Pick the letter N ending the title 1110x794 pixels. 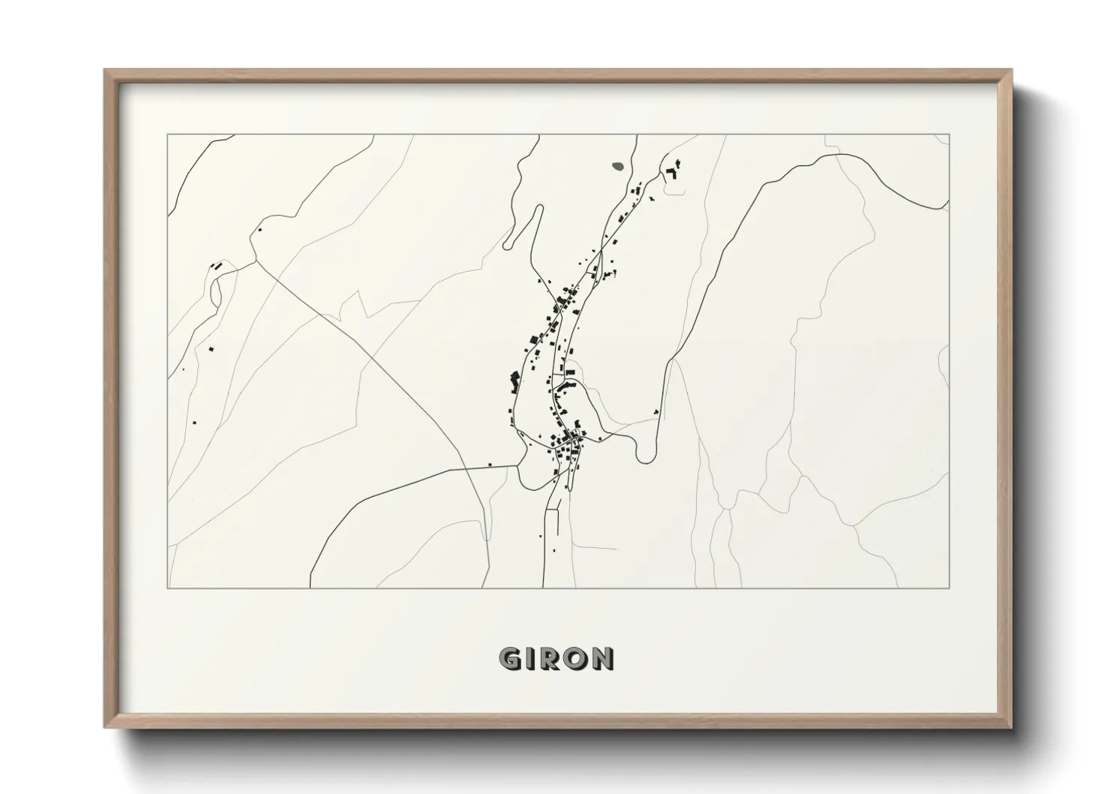click(601, 658)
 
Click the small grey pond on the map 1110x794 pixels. click(619, 166)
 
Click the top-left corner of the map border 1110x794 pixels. click(167, 134)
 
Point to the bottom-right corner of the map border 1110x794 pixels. click(949, 588)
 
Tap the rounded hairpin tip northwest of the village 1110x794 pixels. click(508, 245)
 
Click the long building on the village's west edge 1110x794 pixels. click(514, 380)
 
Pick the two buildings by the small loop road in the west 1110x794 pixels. click(217, 265)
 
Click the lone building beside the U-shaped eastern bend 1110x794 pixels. click(656, 411)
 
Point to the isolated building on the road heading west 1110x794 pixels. click(490, 465)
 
